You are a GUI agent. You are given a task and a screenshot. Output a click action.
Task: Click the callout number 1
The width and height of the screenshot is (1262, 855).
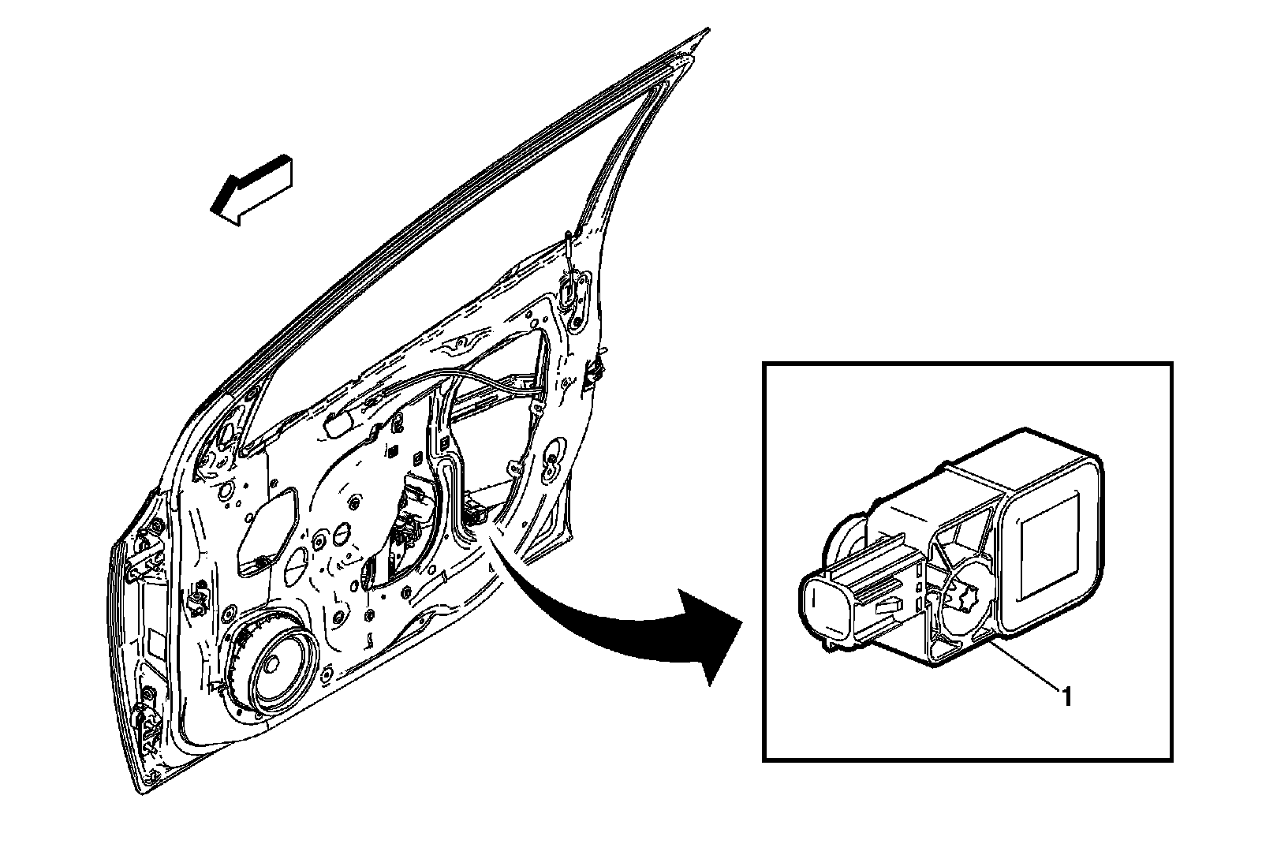click(x=1066, y=696)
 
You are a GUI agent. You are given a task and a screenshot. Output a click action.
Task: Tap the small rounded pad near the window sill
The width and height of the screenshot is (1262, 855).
click(x=340, y=424)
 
